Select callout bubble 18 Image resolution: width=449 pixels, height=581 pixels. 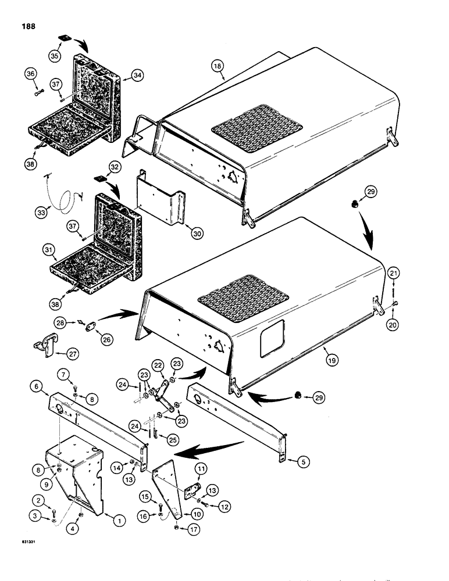tap(216, 67)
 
